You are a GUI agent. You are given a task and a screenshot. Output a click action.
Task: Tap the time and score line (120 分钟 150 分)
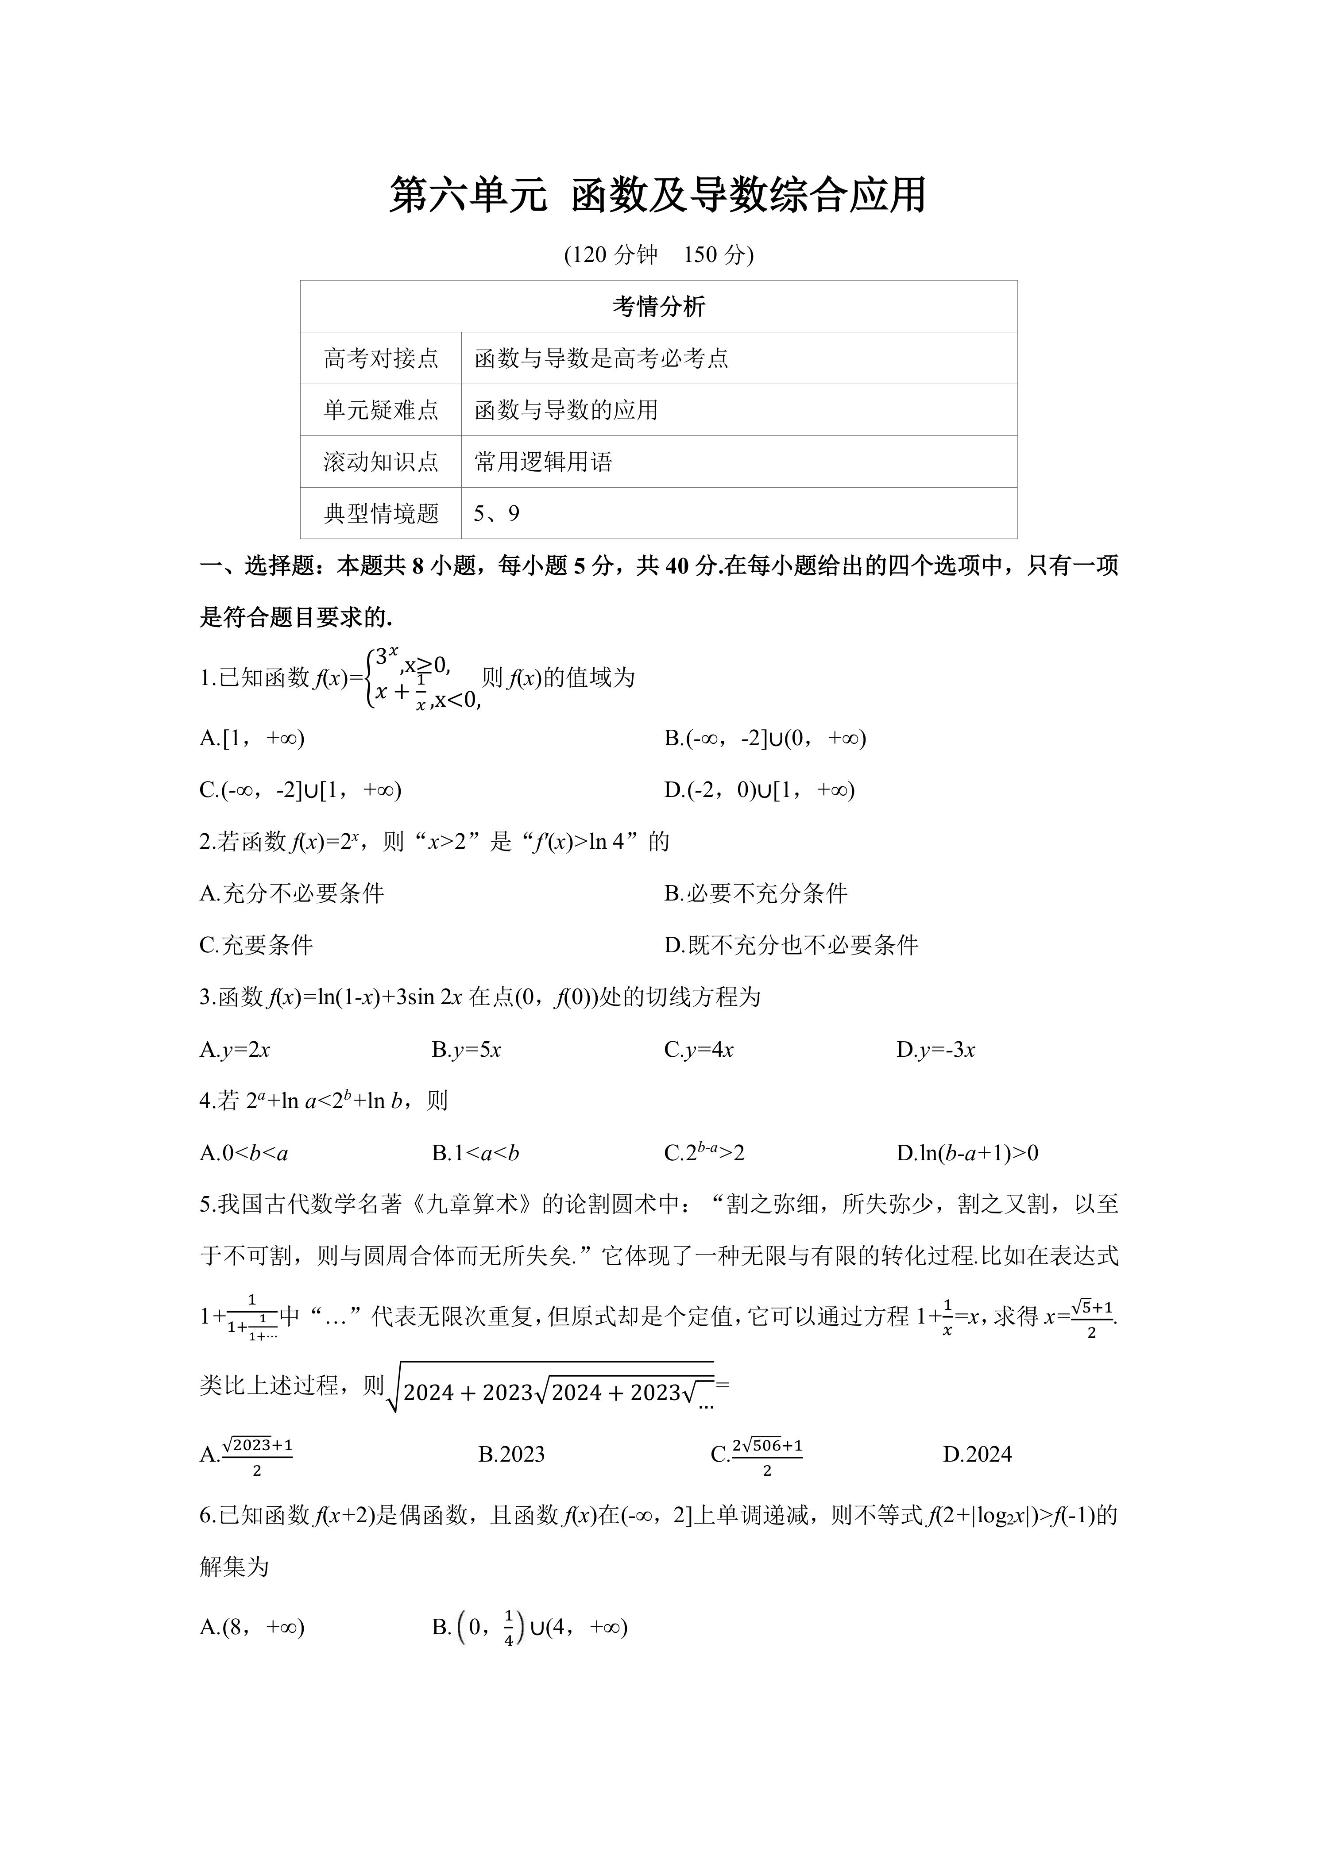pyautogui.click(x=658, y=255)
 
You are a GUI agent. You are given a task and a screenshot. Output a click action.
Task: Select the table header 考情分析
pyautogui.click(x=658, y=307)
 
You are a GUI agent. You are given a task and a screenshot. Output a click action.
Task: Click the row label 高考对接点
pyautogui.click(x=381, y=358)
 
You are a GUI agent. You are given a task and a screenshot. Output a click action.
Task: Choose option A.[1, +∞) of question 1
pyautogui.click(x=251, y=739)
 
